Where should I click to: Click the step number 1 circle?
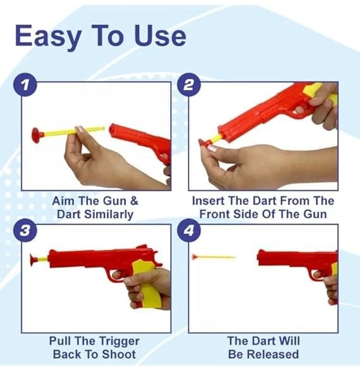click(25, 85)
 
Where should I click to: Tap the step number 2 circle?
click(189, 85)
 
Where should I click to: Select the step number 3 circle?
click(25, 230)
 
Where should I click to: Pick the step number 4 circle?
click(189, 230)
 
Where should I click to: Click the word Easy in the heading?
click(48, 37)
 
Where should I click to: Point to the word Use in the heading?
click(160, 36)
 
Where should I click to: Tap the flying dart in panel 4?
click(213, 257)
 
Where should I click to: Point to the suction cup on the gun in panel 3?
click(34, 259)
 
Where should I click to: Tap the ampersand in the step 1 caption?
click(134, 201)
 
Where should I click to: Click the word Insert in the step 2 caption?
click(208, 201)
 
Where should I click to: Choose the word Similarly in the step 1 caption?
click(109, 215)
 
